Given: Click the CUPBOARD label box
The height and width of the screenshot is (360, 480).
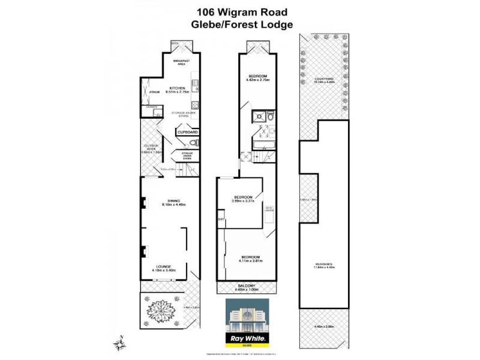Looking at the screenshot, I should pos(187,132).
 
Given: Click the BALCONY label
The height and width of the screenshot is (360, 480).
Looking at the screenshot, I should pos(247,285).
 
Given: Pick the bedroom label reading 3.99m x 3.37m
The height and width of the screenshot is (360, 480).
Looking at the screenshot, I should pos(244,197).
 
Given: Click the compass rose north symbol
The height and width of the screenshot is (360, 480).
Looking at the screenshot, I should pos(119,344).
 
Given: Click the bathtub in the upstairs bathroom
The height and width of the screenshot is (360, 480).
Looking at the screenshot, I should pos(263,146).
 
